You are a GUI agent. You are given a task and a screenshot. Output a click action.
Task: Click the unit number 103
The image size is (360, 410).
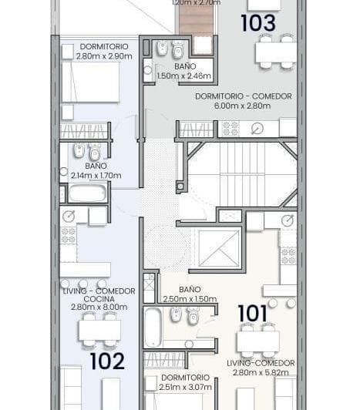pyautogui.click(x=257, y=23)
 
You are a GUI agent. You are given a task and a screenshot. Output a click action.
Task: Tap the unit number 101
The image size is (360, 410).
pyautogui.click(x=252, y=314)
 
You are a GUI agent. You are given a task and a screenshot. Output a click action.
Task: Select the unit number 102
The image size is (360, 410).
pyautogui.click(x=107, y=361)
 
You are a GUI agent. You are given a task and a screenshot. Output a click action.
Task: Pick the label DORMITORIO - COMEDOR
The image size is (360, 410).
pyautogui.click(x=243, y=96)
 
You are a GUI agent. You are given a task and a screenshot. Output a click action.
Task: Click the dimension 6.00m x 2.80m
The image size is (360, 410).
pyautogui.click(x=243, y=106)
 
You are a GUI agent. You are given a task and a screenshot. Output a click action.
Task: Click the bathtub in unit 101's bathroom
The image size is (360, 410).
pyautogui.click(x=153, y=327)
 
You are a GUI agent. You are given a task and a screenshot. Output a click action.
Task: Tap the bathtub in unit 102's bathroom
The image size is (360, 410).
pyautogui.click(x=86, y=193)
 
